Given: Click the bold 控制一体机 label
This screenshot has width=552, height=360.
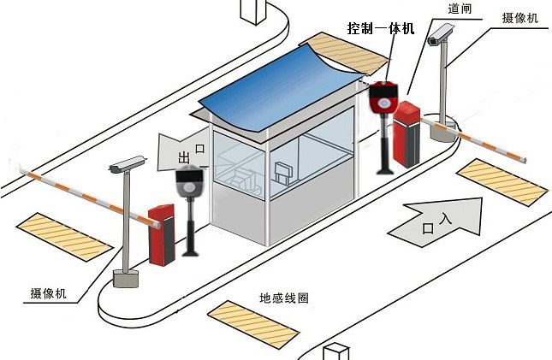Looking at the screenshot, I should pos(381,28).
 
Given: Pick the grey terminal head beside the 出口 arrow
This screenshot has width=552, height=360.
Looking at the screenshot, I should pos(190,182).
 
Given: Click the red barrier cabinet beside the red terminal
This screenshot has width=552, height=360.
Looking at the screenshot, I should pos(407,133).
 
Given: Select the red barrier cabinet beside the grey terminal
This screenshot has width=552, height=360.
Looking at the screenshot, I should pos(162,233).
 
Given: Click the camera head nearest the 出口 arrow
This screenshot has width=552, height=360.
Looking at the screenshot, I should pos(128,163).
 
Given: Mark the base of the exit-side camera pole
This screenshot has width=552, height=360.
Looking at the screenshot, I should pos(126,279).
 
